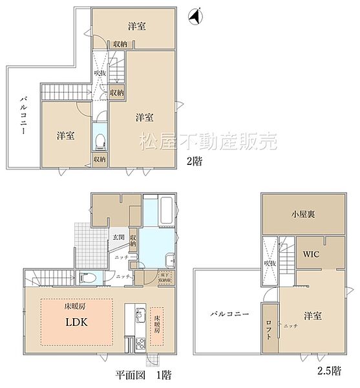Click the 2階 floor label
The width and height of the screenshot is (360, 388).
coord(193,162)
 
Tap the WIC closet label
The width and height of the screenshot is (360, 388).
coord(312,254)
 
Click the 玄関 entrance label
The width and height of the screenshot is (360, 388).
coord(117,237)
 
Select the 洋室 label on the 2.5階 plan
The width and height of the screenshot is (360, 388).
coord(313,316)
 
